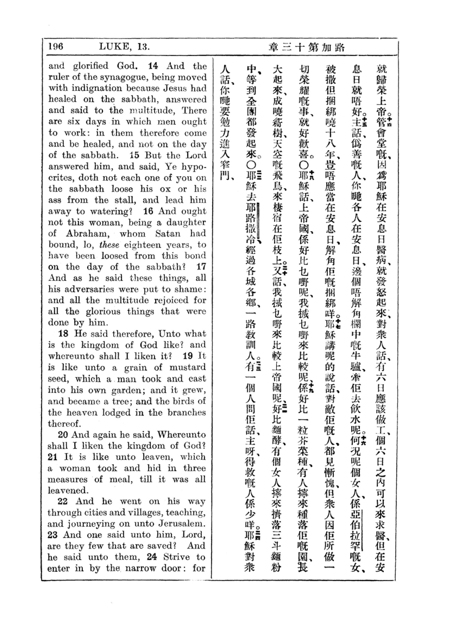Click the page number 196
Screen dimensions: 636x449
(56, 46)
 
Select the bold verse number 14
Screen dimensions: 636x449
(153, 66)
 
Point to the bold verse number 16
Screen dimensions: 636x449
(148, 211)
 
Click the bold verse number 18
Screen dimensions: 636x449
(63, 334)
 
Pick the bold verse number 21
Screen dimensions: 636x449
(53, 457)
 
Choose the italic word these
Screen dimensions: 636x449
(109, 245)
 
